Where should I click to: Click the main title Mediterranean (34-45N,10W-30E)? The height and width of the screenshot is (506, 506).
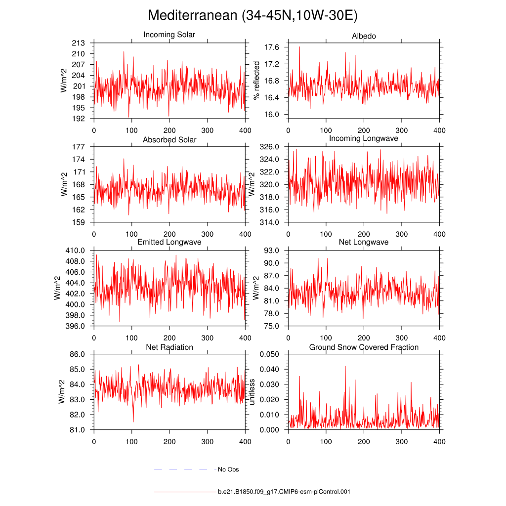pyautogui.click(x=253, y=16)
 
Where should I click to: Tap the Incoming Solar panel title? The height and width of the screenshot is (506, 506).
pyautogui.click(x=169, y=35)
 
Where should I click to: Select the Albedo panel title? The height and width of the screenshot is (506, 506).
pyautogui.click(x=364, y=36)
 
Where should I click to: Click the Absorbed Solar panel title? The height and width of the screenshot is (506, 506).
pyautogui.click(x=169, y=140)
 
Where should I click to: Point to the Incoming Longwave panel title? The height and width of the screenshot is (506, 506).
pyautogui.click(x=364, y=138)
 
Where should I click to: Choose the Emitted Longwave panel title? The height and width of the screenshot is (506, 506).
pyautogui.click(x=169, y=242)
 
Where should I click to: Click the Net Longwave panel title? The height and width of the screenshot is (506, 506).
pyautogui.click(x=364, y=242)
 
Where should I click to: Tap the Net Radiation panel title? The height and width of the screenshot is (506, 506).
pyautogui.click(x=169, y=347)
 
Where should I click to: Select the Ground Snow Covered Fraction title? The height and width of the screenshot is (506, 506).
pyautogui.click(x=364, y=347)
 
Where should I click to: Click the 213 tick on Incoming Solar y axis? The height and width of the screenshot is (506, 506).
pyautogui.click(x=80, y=43)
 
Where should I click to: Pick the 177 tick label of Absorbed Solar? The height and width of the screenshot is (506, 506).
pyautogui.click(x=80, y=147)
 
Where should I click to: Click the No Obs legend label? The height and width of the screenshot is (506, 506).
pyautogui.click(x=228, y=469)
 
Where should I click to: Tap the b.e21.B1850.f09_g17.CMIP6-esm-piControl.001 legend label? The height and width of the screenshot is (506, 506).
pyautogui.click(x=284, y=492)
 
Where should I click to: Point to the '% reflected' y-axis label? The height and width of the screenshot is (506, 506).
pyautogui.click(x=256, y=80)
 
